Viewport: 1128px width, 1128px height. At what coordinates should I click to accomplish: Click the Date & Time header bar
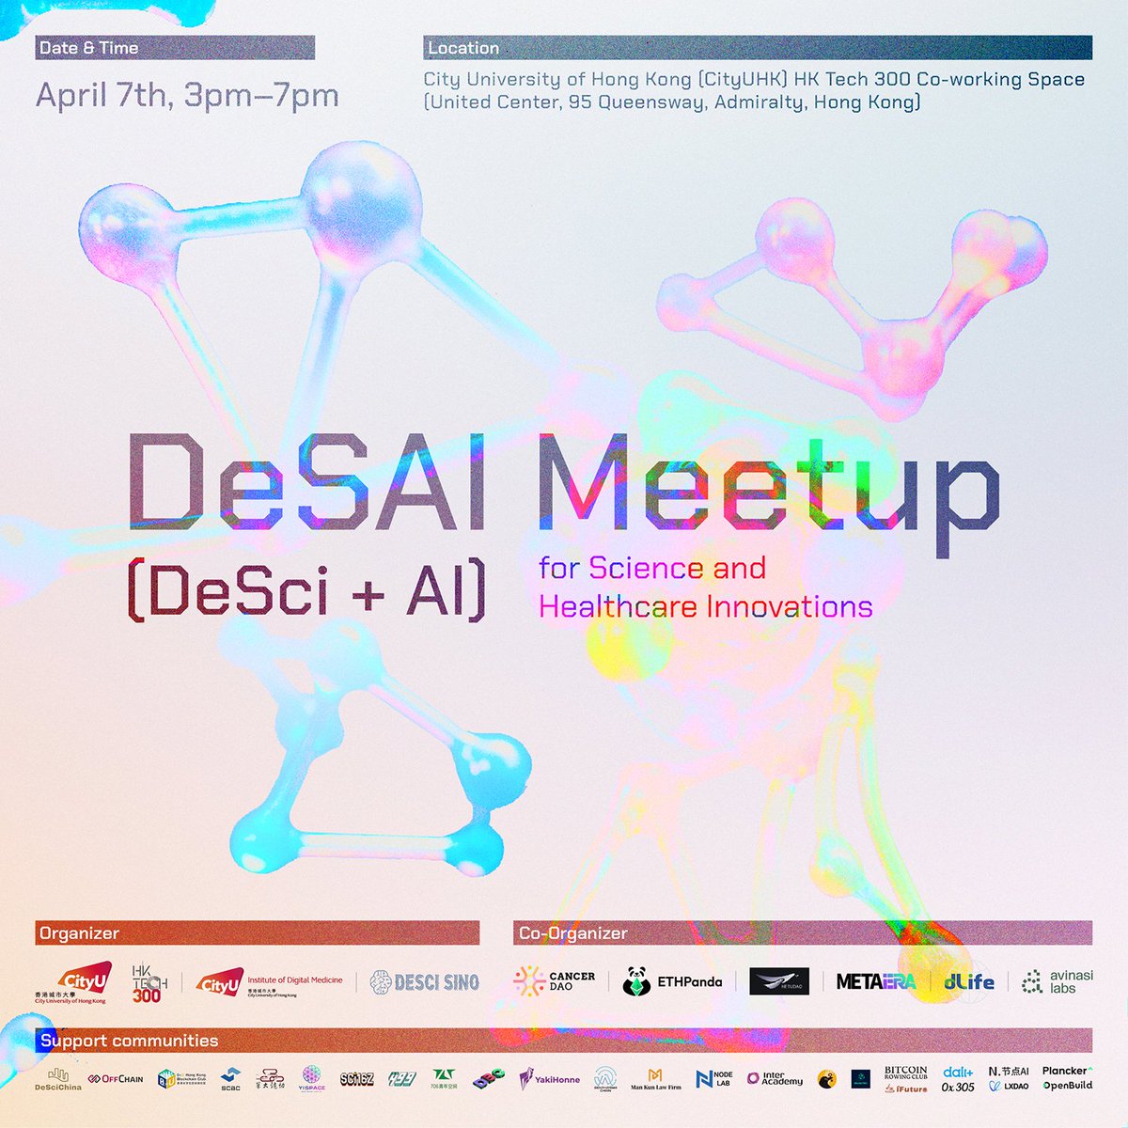[x=175, y=48]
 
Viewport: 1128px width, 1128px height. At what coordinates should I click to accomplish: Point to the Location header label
[x=462, y=48]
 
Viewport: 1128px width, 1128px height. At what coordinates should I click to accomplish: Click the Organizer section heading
[x=79, y=933]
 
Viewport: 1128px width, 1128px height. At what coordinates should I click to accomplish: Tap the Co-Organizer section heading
[x=572, y=933]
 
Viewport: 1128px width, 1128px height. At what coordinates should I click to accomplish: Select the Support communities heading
[x=129, y=1041]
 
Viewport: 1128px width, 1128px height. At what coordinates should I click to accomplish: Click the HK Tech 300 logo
[x=147, y=982]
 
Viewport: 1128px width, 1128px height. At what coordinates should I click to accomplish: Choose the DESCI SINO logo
[x=425, y=982]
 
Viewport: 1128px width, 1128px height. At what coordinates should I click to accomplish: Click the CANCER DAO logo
[x=555, y=981]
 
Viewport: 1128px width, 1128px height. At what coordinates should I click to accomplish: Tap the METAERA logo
[x=875, y=981]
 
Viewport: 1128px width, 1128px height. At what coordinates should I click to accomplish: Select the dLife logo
[x=968, y=981]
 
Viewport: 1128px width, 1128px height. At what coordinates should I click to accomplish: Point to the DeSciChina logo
[x=58, y=1079]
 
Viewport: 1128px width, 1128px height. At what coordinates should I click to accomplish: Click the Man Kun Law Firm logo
[x=655, y=1079]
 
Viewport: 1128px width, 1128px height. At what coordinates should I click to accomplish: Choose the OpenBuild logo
[x=1067, y=1086]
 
